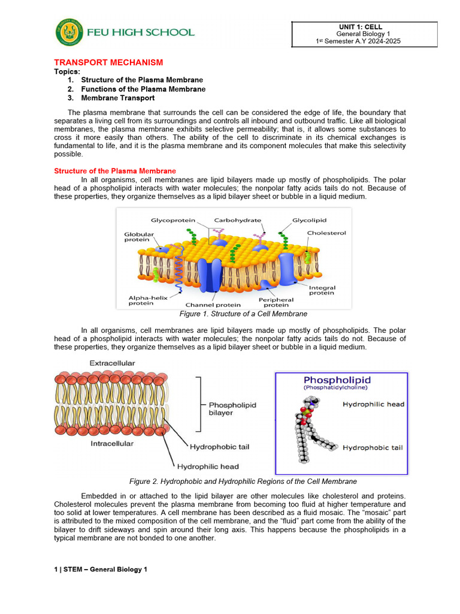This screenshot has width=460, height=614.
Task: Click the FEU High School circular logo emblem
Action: point(69,32)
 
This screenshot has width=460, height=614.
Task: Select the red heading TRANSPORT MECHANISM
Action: point(108,62)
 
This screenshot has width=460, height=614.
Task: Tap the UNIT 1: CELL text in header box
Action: point(360,27)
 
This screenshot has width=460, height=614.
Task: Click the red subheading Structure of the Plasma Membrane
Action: point(115,171)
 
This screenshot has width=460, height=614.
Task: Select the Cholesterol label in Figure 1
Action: point(326,233)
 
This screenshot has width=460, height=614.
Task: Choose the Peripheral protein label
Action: point(276,303)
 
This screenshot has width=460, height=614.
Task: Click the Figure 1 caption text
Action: point(243,314)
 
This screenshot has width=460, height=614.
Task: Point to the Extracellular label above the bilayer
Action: point(112,363)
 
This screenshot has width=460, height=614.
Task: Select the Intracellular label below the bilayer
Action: point(112,444)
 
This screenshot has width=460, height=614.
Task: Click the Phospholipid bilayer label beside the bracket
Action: point(232,409)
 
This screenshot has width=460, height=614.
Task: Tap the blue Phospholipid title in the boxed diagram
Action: point(337,380)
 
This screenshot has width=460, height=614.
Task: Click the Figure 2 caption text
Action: point(243,481)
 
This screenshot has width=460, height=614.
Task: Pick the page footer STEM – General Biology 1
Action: point(100,569)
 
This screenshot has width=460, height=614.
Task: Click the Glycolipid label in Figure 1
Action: point(309,220)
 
